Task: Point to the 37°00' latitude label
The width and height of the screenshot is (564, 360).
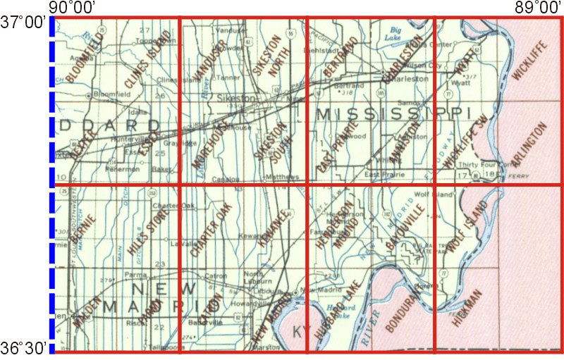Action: click(x=23, y=23)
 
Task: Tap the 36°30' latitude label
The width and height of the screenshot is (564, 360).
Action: click(x=23, y=347)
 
